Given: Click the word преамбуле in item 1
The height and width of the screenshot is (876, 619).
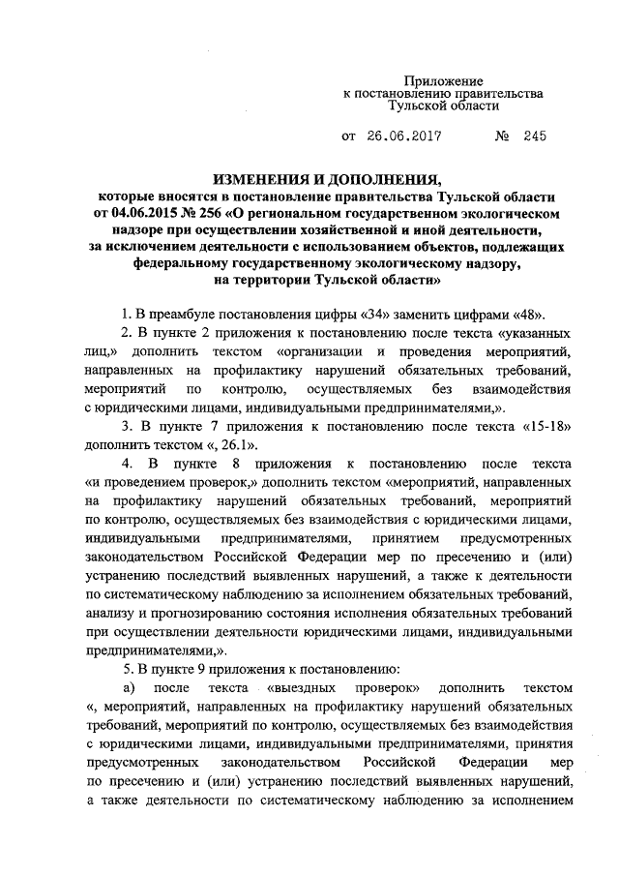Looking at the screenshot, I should coord(185,315).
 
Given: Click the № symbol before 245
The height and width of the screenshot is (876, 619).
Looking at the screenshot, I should coord(502,136).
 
